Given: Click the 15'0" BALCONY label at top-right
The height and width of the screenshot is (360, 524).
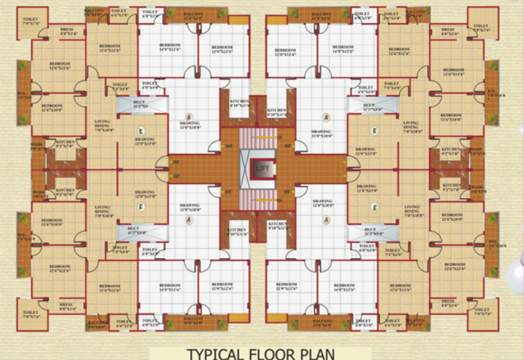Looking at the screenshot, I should [x=321, y=15].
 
